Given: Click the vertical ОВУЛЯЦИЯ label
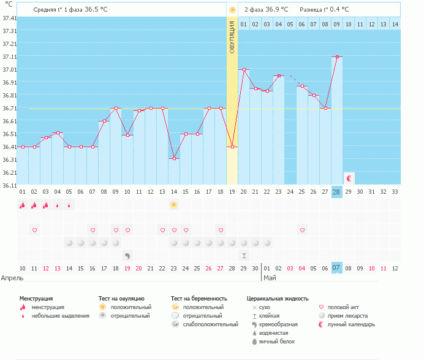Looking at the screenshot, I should tap(232, 37).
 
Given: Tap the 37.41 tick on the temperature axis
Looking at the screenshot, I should tap(9, 18).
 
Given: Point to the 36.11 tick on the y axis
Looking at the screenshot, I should tap(9, 185).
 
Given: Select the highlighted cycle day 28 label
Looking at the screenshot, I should tap(336, 192).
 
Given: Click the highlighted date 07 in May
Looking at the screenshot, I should tap(336, 268).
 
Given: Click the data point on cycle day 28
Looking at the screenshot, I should tap(336, 56).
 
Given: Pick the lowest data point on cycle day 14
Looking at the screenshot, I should tap(174, 159).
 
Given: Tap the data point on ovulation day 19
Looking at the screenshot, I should tap(232, 147).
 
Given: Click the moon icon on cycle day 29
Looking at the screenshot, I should tap(349, 178).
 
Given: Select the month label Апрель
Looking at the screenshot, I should tap(13, 278).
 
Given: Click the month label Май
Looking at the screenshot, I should tap(270, 278).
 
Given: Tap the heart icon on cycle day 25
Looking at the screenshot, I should tap(302, 230).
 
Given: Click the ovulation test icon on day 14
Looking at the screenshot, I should tap(174, 205).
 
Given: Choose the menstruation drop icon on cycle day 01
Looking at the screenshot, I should tap(23, 205).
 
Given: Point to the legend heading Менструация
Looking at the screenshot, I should tap(36, 298).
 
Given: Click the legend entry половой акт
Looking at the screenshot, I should tap(343, 307).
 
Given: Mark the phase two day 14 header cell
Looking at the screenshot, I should tap(395, 24).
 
